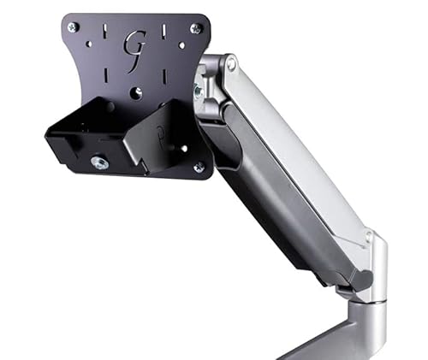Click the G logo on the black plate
point(134,44)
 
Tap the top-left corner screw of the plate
point(73,27)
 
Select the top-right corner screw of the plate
point(196,29)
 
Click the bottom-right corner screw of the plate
point(199,168)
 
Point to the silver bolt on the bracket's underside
point(101,162)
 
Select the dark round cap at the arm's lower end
point(366,279)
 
